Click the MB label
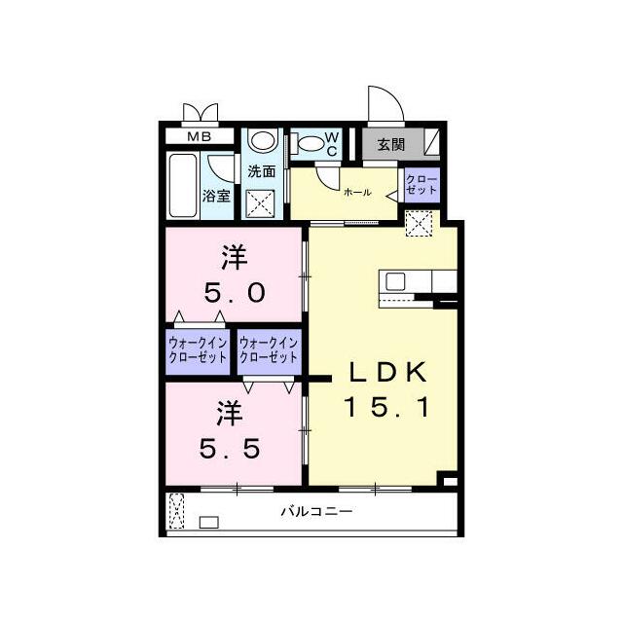(199, 136)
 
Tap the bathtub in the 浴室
(183, 186)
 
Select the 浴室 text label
(216, 196)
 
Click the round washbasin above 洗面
(262, 141)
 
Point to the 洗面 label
(262, 171)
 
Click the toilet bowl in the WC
(311, 143)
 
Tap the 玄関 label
(391, 145)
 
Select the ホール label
(357, 193)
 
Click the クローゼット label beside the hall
(421, 185)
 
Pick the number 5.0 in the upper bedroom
(235, 293)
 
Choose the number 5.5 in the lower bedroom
(230, 449)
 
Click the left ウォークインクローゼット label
(198, 349)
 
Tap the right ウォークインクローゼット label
(269, 349)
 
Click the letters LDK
(387, 372)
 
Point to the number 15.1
(386, 407)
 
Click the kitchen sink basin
(395, 281)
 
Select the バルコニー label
(316, 511)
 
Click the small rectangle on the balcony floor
(209, 522)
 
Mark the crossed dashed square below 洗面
(260, 203)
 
